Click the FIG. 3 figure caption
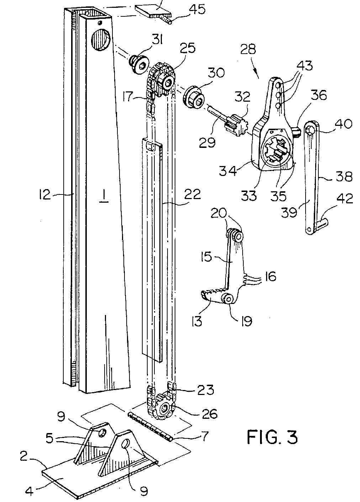click(272, 437)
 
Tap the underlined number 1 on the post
click(104, 196)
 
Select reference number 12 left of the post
click(45, 194)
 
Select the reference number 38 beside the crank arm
click(343, 176)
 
